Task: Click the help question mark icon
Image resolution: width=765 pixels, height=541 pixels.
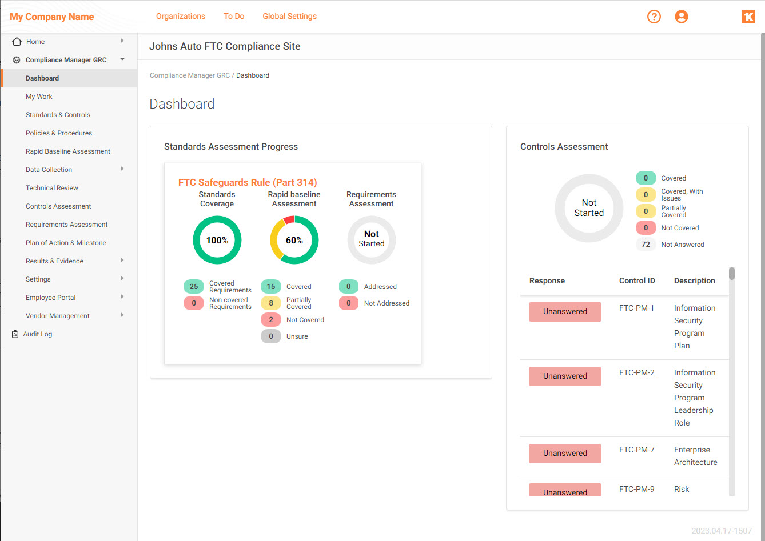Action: (x=654, y=17)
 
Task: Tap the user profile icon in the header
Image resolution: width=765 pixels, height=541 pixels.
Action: (x=681, y=17)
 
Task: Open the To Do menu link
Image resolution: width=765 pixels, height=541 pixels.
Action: (x=234, y=16)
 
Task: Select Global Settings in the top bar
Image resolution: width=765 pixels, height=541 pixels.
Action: (x=289, y=16)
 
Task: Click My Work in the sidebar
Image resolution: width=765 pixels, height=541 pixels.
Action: (x=39, y=97)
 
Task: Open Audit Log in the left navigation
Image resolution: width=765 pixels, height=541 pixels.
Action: (x=37, y=334)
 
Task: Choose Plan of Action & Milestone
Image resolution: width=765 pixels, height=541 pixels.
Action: (x=66, y=243)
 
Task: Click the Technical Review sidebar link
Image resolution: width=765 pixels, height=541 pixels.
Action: (x=51, y=188)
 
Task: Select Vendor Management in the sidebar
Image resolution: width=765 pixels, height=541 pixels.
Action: (x=57, y=316)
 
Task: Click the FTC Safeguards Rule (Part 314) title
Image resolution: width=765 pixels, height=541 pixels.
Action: (x=248, y=182)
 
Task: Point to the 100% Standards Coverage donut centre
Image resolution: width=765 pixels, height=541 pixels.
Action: (x=217, y=241)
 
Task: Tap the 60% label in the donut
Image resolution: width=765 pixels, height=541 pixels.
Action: (x=294, y=241)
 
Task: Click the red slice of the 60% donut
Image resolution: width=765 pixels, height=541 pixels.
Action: (x=289, y=220)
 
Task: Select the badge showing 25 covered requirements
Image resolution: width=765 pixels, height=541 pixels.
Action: (x=194, y=287)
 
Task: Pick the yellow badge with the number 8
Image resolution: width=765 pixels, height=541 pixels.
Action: (x=271, y=303)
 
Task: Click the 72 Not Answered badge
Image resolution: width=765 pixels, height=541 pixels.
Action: (x=646, y=245)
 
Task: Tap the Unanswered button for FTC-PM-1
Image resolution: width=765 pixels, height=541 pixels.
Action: (x=565, y=312)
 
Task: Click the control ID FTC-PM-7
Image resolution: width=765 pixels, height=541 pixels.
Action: (x=636, y=450)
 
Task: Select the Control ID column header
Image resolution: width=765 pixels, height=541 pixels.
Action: (x=637, y=280)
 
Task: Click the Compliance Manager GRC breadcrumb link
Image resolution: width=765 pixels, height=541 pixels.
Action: (x=190, y=75)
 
